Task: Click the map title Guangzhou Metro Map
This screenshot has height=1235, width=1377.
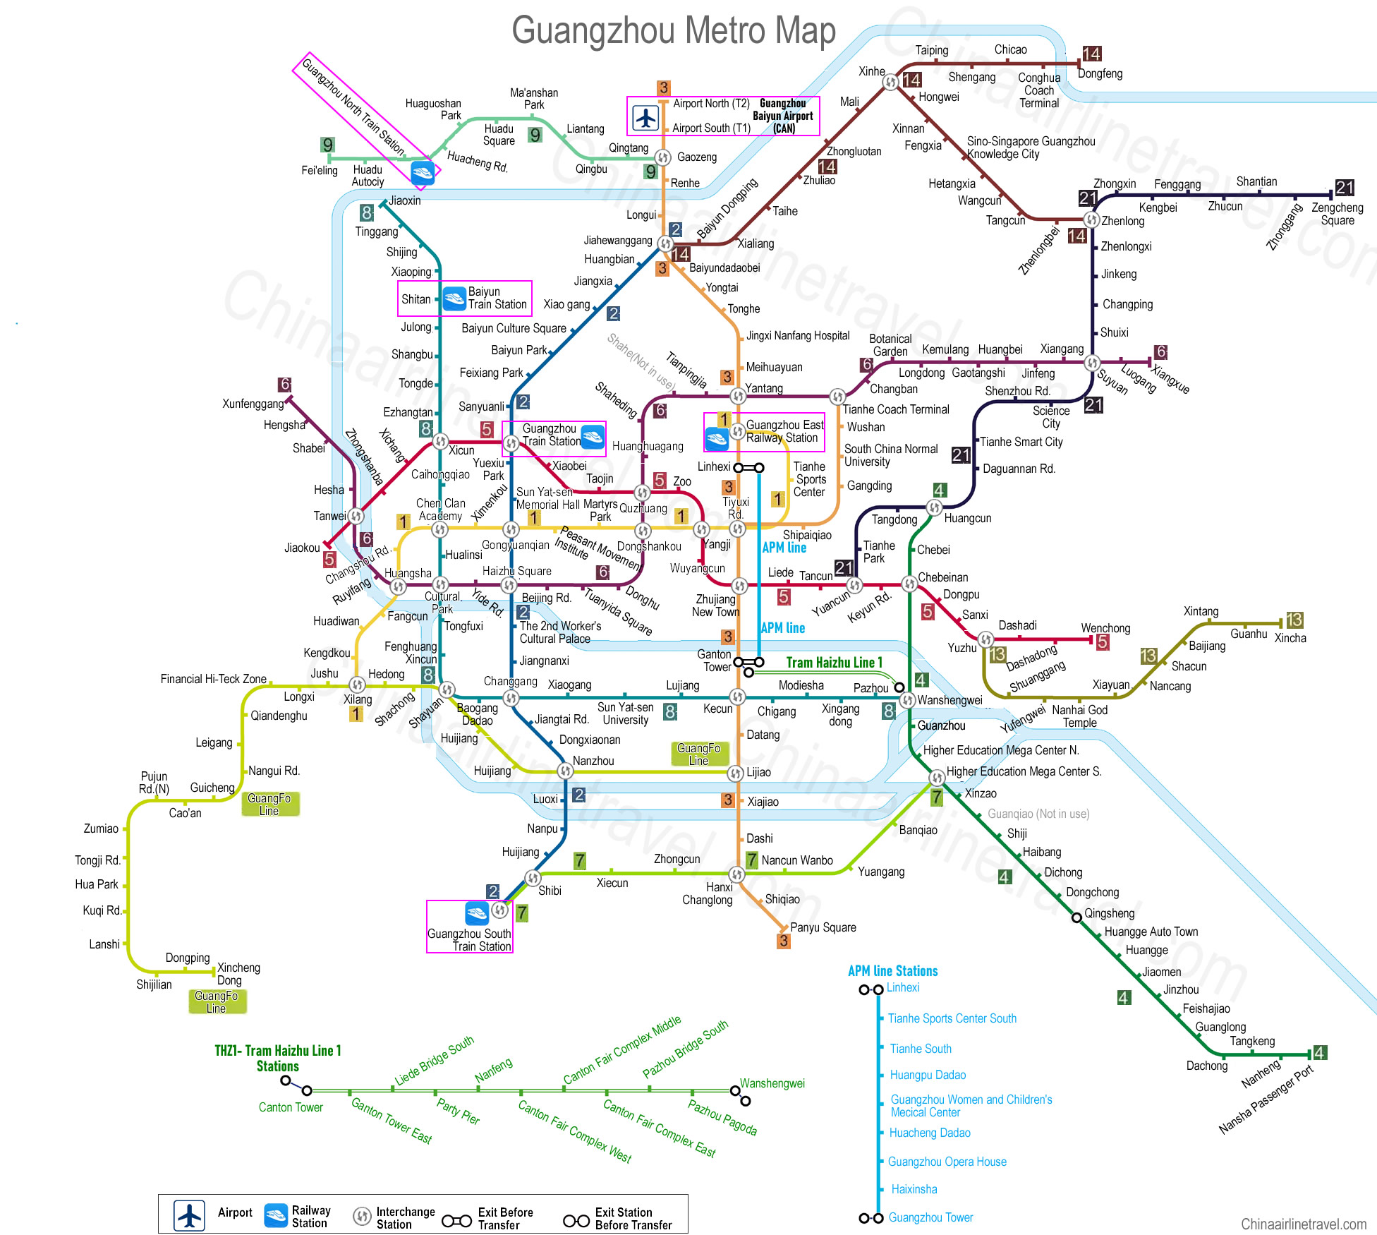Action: [673, 31]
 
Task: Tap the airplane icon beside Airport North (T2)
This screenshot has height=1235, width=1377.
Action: [645, 117]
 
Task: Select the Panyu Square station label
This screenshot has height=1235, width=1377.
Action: [823, 927]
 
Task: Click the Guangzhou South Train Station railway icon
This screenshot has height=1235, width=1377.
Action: [477, 913]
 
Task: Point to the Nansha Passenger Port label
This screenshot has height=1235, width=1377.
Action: [1266, 1100]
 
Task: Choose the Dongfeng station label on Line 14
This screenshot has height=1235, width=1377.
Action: [1100, 73]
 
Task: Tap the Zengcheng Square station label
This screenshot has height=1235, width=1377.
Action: [1337, 214]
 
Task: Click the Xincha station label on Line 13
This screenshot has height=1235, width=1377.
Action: [1290, 638]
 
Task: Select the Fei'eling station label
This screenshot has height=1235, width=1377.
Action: [320, 171]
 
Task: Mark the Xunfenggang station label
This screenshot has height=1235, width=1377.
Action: [253, 404]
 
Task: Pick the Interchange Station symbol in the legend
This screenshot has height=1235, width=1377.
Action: [362, 1216]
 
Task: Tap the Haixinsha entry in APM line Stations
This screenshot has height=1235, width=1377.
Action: [914, 1189]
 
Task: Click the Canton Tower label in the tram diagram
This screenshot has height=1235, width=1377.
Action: [291, 1107]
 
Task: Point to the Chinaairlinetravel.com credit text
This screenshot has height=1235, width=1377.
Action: [1304, 1224]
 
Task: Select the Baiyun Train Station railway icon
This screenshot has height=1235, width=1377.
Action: [454, 298]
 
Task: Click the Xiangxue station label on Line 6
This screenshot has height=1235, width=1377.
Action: [1170, 379]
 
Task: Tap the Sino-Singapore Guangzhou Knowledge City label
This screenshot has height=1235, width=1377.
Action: [1031, 147]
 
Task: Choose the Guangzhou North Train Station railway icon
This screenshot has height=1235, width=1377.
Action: [423, 173]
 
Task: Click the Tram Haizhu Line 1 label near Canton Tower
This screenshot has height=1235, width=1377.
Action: [834, 662]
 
